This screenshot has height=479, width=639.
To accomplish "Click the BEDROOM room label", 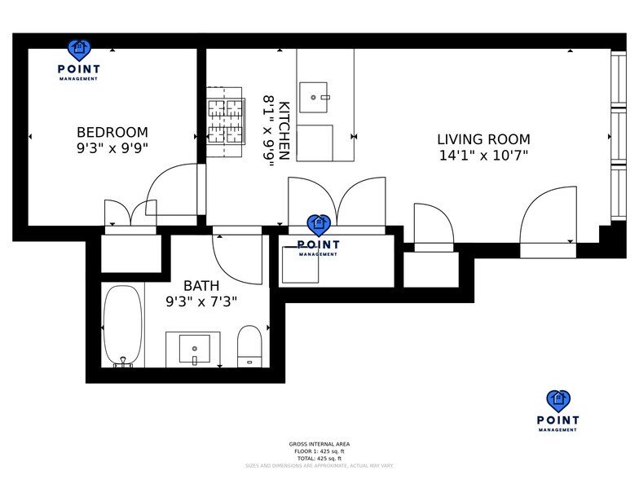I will pyautogui.click(x=112, y=132).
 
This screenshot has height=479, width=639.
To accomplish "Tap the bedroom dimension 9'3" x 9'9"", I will pyautogui.click(x=112, y=148).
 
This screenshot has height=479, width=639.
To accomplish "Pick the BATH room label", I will pyautogui.click(x=201, y=286).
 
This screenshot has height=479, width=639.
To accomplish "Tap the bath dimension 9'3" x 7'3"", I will pyautogui.click(x=201, y=301).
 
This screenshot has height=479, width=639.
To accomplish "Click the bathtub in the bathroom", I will pyautogui.click(x=122, y=326).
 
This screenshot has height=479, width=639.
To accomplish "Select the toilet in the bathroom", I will pyautogui.click(x=249, y=346).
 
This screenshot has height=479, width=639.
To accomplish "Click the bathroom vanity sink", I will pyautogui.click(x=194, y=349).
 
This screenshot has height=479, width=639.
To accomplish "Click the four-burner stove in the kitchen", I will pyautogui.click(x=226, y=121).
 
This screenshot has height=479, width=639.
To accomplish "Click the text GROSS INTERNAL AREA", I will pyautogui.click(x=319, y=444).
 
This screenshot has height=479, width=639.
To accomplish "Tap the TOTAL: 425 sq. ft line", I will pyautogui.click(x=319, y=459).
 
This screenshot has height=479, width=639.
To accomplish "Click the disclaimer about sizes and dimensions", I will pyautogui.click(x=319, y=466).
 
